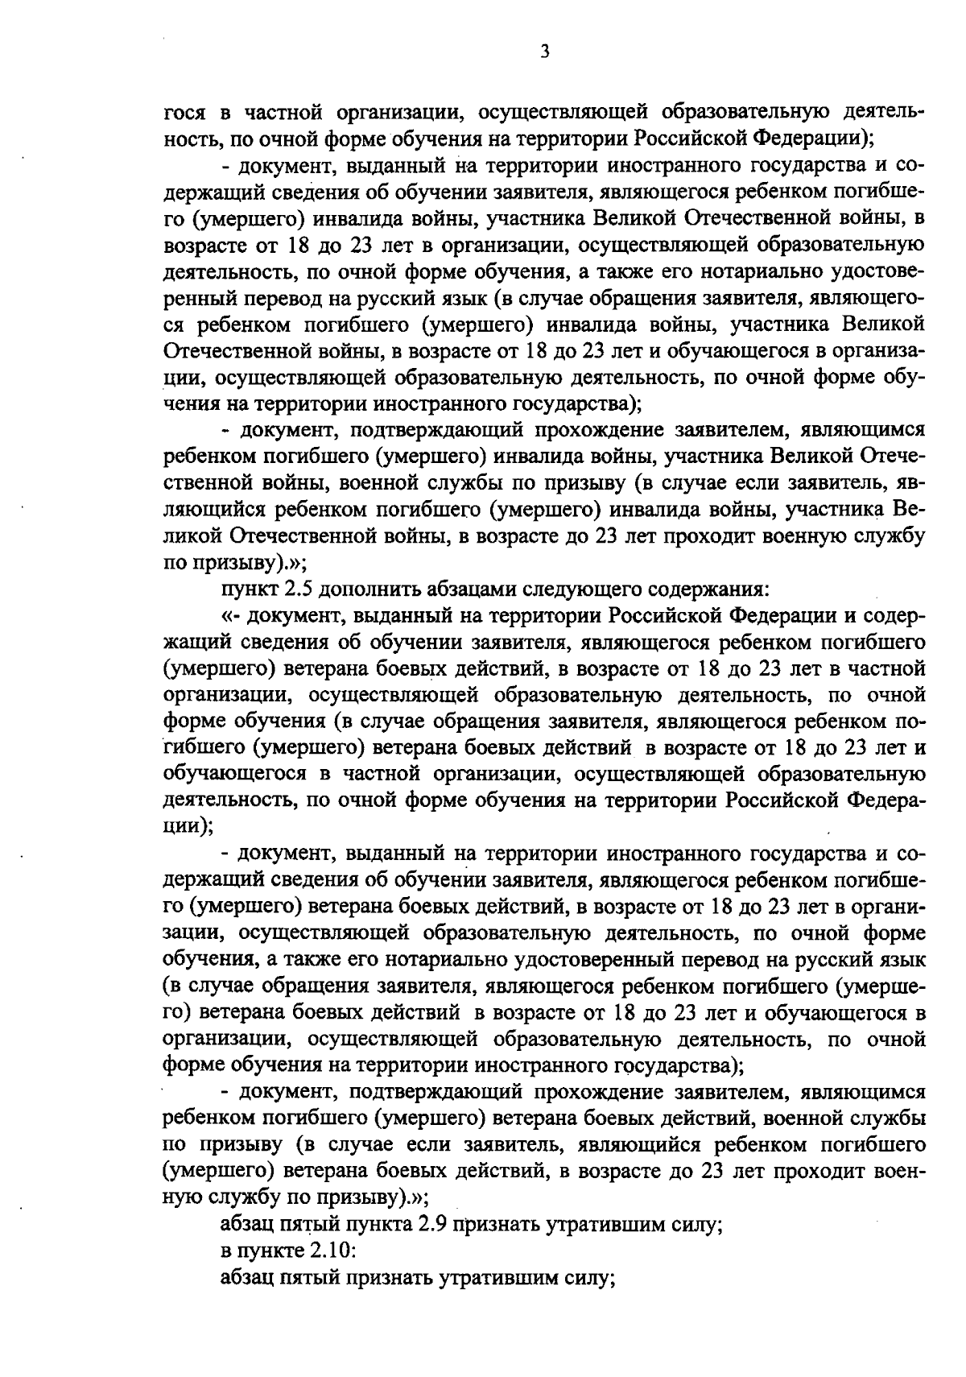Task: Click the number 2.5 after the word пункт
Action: (x=300, y=590)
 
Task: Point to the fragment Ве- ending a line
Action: (x=909, y=511)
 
